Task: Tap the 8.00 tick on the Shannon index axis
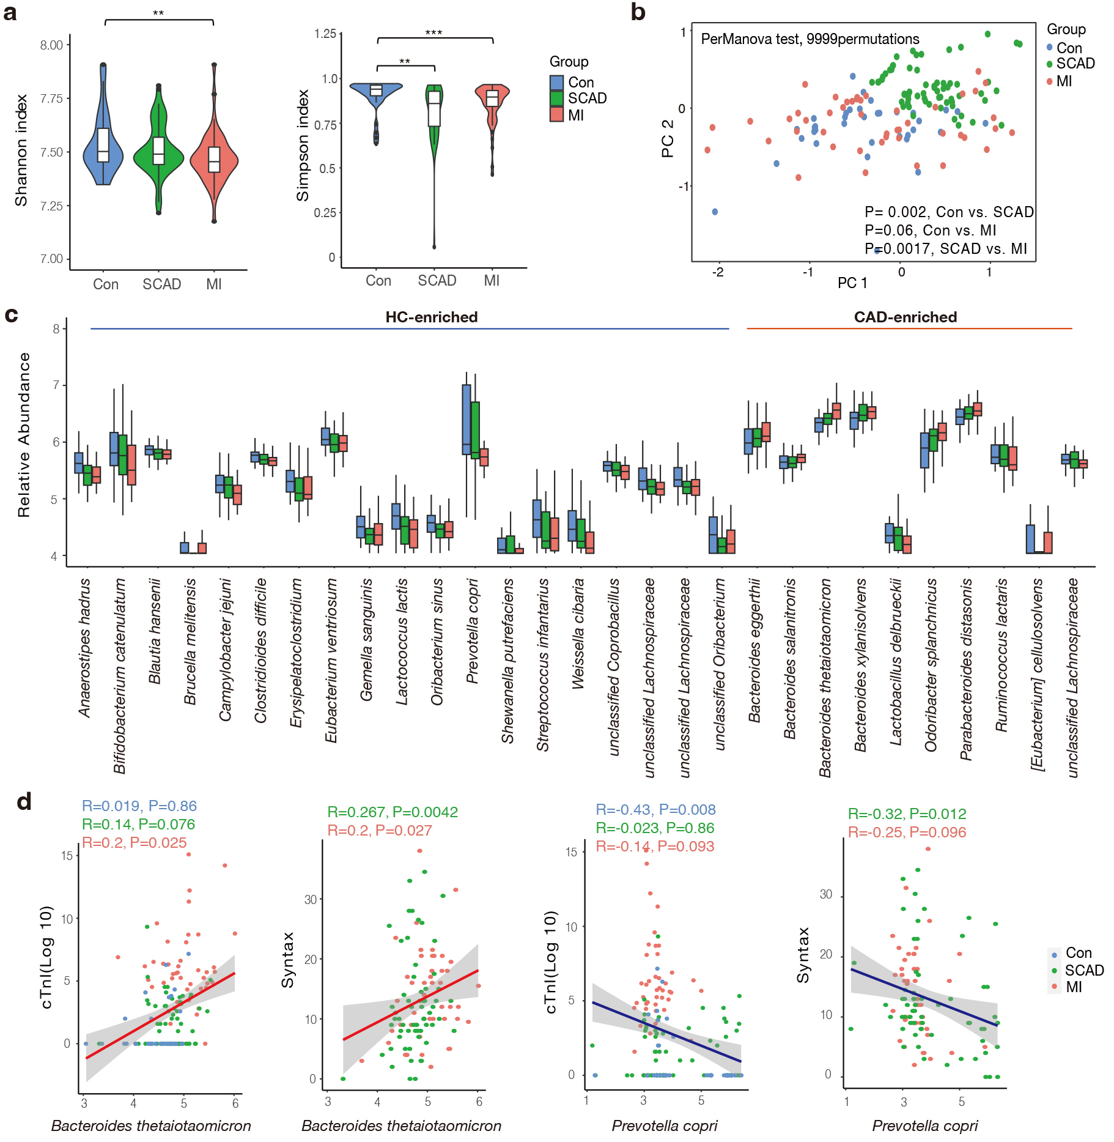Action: (51, 45)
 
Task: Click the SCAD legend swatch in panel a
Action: (556, 98)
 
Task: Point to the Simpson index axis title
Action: (303, 146)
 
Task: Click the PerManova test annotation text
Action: (810, 39)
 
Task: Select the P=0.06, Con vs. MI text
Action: (930, 231)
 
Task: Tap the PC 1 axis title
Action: (852, 283)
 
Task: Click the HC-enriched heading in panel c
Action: (431, 317)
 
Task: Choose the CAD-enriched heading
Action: (905, 317)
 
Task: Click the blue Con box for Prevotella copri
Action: (467, 419)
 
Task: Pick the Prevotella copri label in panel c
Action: (472, 631)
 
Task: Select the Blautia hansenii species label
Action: (155, 631)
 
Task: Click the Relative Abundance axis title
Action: (24, 435)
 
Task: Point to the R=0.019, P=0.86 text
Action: (139, 806)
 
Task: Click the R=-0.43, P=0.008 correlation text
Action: (655, 810)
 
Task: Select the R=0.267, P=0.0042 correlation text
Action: (393, 812)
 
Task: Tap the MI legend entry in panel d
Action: (1073, 987)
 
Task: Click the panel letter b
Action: (638, 12)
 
